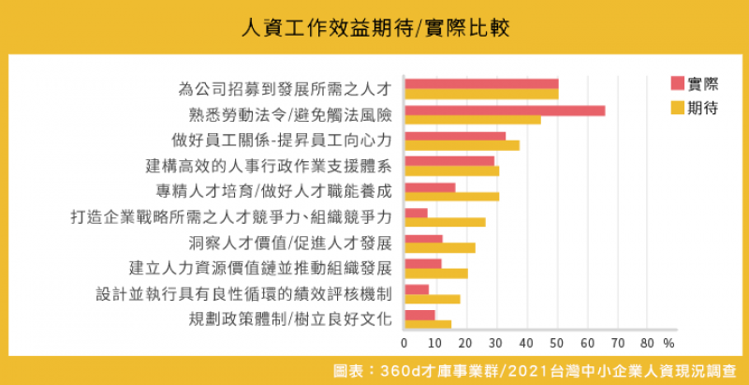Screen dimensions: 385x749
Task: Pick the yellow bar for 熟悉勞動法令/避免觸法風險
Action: coord(472,120)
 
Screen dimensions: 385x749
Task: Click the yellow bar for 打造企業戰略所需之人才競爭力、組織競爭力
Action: coord(444,222)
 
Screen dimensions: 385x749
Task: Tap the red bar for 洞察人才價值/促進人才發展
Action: coord(422,239)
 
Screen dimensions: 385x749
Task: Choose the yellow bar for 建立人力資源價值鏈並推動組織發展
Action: coord(435,274)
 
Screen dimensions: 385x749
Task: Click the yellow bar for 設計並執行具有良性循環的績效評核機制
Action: coord(432,299)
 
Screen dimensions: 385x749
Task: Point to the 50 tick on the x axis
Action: coord(557,342)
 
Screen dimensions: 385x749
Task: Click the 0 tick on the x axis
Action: coord(404,342)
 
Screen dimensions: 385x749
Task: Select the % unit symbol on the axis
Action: coord(668,342)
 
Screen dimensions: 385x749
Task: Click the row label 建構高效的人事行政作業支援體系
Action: coord(269,166)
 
